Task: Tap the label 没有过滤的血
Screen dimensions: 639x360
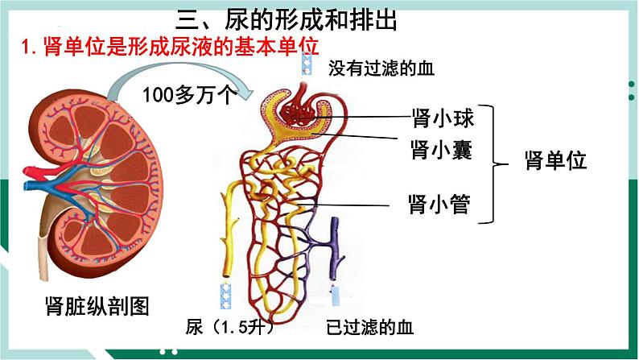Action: [x=381, y=68]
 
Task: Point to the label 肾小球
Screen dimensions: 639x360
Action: [x=439, y=120]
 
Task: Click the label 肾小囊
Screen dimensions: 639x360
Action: [x=439, y=151]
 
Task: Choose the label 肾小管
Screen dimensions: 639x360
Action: [x=439, y=201]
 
